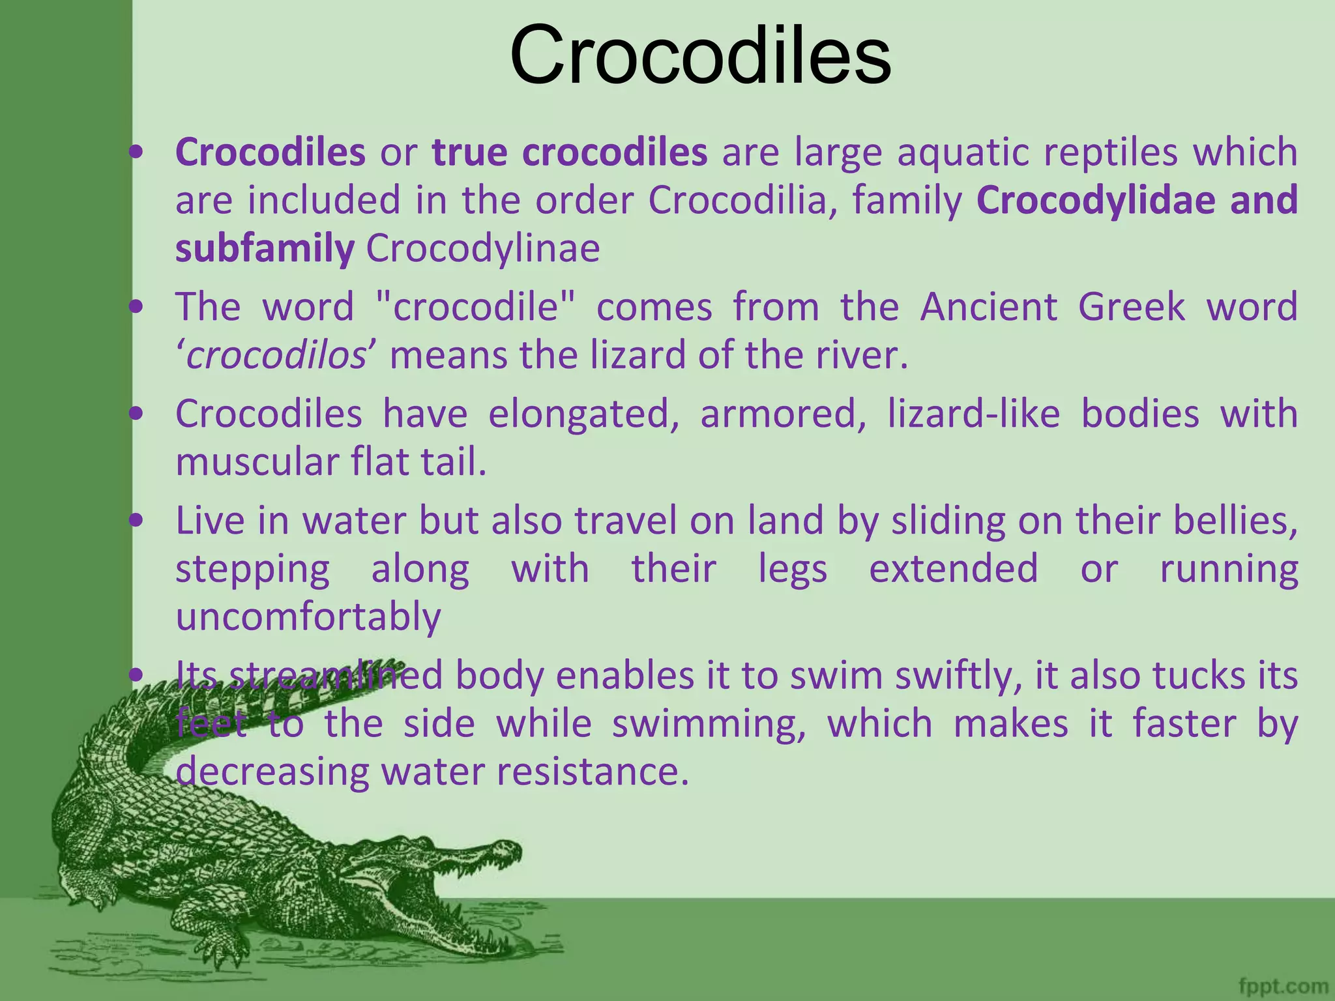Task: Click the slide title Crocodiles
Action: [700, 55]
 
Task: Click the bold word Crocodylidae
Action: [1095, 199]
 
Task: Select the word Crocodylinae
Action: [483, 248]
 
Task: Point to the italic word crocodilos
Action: [276, 356]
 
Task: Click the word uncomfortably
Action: [308, 617]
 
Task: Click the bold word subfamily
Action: [265, 248]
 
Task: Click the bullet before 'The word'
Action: [136, 306]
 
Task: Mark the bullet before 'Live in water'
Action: [136, 521]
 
